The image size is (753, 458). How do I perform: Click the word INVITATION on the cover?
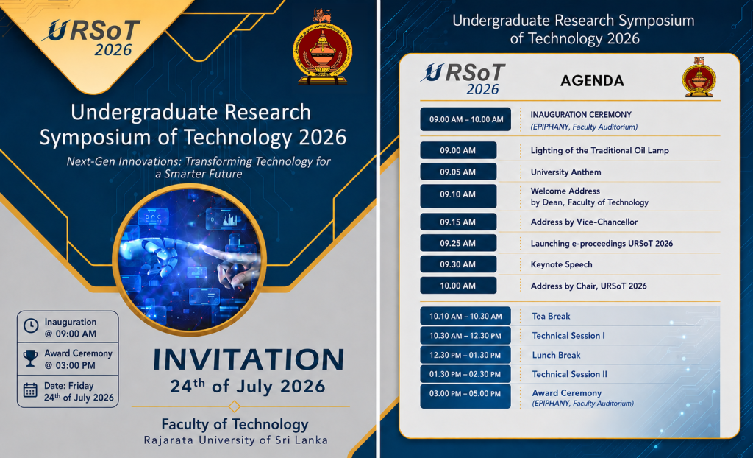249,360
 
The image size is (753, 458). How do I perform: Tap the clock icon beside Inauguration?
31,325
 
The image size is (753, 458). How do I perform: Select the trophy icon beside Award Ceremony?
30,359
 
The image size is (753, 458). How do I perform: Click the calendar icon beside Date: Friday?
30,390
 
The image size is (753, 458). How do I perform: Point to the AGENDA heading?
592,81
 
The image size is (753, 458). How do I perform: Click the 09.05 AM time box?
458,172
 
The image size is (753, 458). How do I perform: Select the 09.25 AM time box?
458,243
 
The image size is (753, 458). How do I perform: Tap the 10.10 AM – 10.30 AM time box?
465,316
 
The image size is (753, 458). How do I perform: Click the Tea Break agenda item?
551,316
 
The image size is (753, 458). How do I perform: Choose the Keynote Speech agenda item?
561,264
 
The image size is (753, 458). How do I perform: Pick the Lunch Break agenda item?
556,355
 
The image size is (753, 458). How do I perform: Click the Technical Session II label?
570,374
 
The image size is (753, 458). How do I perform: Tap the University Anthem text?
565,172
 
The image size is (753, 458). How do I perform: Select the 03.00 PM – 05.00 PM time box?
465,396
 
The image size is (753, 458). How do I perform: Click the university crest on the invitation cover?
322,46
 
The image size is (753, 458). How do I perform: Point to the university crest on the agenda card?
699,77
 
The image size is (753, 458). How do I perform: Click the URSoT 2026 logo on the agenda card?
463,79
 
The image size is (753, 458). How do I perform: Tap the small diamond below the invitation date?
235,406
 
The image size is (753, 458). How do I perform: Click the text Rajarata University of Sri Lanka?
236,440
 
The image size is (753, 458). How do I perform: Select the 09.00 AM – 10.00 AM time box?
465,119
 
